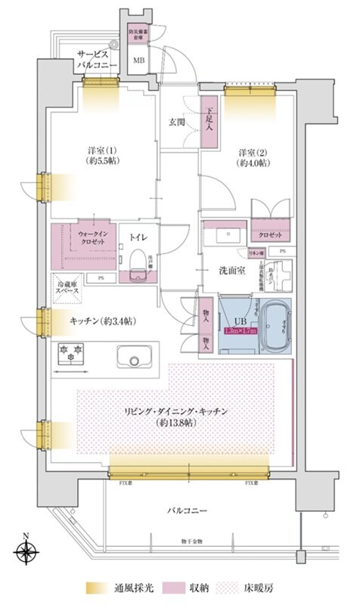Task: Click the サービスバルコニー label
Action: [96, 60]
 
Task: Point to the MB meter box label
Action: [139, 60]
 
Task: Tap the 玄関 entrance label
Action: [177, 121]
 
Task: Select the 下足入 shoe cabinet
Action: [210, 122]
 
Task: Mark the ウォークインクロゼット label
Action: [95, 238]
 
